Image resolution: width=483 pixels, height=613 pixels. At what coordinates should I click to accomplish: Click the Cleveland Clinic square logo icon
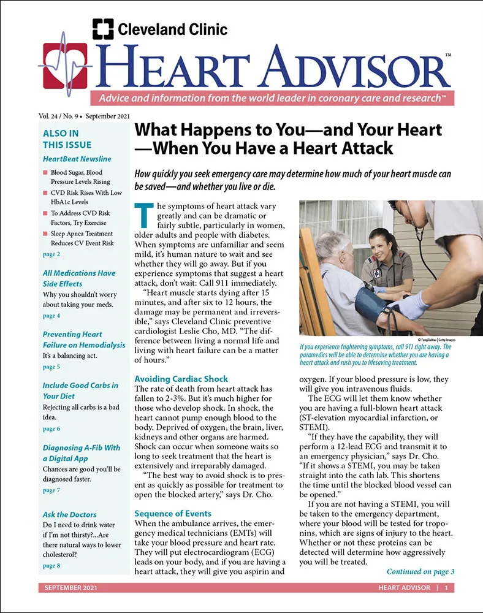coord(103,29)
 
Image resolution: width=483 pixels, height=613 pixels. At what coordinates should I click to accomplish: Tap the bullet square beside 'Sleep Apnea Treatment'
coord(45,234)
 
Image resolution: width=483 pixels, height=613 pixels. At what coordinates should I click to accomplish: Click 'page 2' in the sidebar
coord(51,254)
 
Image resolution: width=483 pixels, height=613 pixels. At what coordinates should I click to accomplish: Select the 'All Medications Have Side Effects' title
coord(78,278)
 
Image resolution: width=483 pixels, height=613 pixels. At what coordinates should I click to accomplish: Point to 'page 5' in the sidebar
coord(51,367)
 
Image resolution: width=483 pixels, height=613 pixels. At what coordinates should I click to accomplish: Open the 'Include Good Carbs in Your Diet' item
coord(80,390)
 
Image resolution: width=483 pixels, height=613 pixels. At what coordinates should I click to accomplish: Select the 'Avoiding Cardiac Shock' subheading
coord(181,379)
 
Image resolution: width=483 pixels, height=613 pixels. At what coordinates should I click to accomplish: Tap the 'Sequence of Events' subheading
coord(173,513)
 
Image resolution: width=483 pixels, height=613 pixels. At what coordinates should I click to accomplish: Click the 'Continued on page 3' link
coord(420,572)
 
